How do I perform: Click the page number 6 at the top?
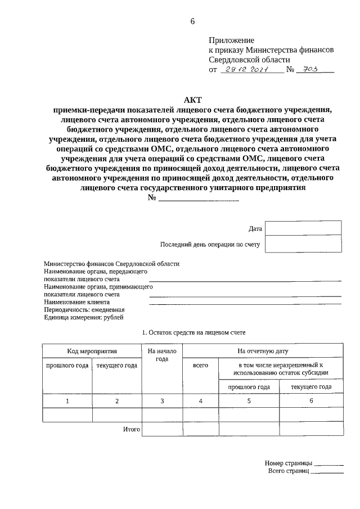(x=192, y=21)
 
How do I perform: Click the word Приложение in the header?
(x=231, y=40)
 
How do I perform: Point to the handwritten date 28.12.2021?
(x=247, y=70)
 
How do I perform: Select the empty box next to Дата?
(x=303, y=228)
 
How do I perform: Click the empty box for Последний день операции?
(x=303, y=244)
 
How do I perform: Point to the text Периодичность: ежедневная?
(x=84, y=310)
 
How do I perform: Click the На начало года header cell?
(x=162, y=355)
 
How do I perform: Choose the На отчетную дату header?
(x=263, y=351)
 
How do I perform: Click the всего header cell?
(x=200, y=366)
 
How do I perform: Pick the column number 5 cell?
(x=249, y=400)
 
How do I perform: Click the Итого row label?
(x=131, y=429)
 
